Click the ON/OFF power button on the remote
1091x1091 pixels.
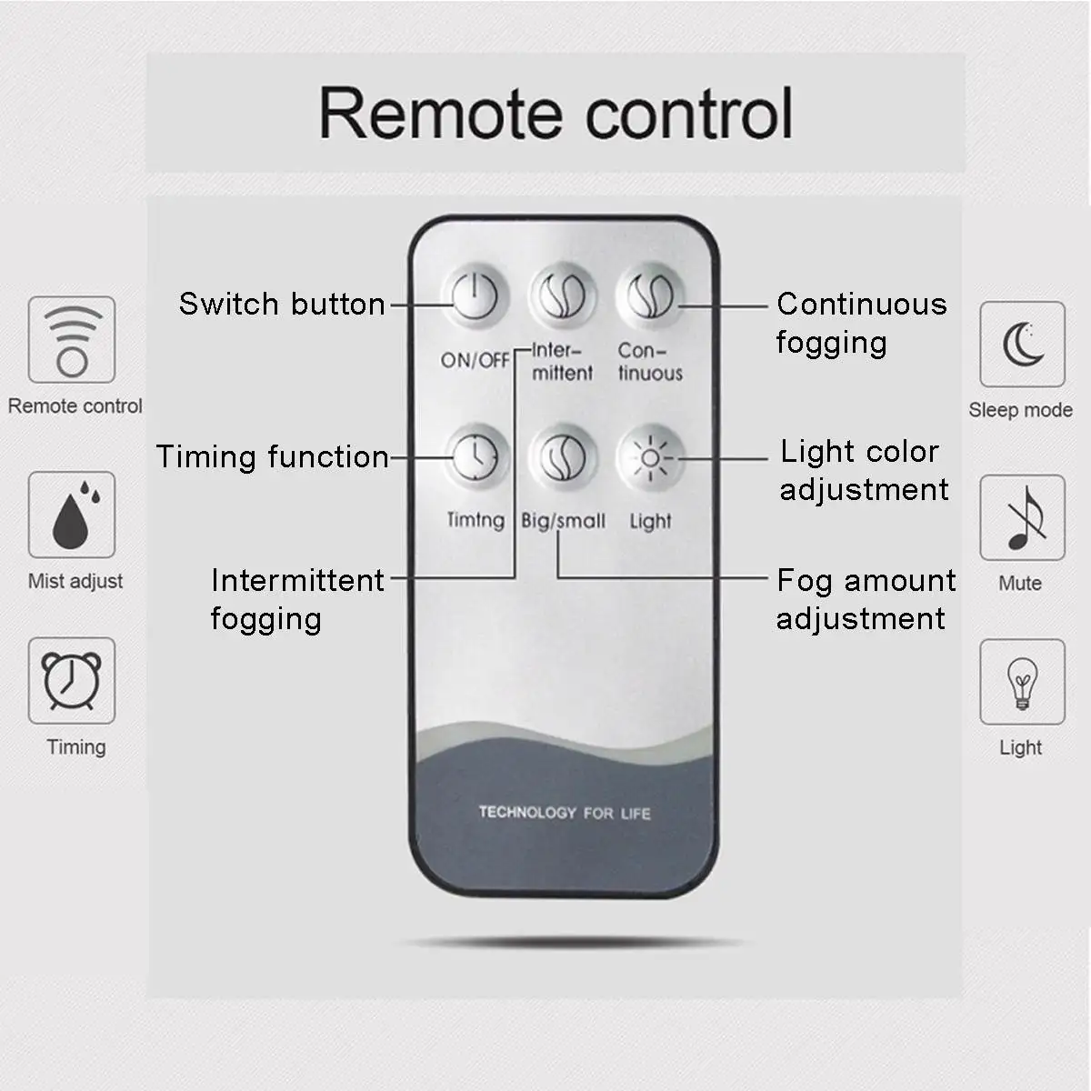coord(475,296)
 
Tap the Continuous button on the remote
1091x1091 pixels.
coord(650,296)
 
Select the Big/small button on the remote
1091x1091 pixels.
coord(563,456)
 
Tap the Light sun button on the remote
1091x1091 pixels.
coord(650,457)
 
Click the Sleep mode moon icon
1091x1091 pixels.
coord(1022,345)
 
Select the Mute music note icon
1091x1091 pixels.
coord(1022,517)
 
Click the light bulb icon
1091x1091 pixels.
coord(1022,682)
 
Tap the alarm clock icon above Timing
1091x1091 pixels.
coord(72,681)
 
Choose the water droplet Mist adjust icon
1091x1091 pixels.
coord(72,515)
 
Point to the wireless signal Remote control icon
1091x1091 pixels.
coord(72,340)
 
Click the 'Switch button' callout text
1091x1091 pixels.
coord(282,304)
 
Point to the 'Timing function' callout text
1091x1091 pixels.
coord(272,456)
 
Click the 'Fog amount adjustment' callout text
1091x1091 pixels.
coord(865,599)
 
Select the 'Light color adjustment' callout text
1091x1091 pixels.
coord(863,470)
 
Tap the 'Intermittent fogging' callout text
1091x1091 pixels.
coord(296,599)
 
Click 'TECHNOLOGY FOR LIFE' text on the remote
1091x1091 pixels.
coord(565,812)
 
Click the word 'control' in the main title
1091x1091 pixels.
coord(689,114)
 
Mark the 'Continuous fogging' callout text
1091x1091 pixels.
coord(860,323)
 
